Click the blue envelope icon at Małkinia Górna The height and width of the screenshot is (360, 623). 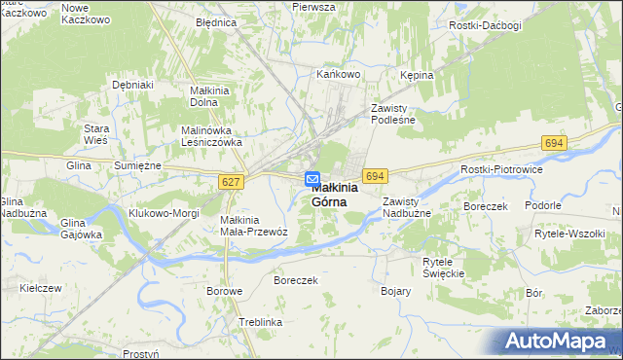click(312, 179)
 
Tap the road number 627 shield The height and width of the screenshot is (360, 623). click(231, 182)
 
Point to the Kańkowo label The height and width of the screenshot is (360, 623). click(340, 73)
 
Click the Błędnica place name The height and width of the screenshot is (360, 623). click(215, 21)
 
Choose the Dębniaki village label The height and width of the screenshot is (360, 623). click(133, 86)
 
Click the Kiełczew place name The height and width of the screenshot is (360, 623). click(40, 288)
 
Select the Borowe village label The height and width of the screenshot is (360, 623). click(224, 291)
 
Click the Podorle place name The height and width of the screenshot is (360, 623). click(542, 205)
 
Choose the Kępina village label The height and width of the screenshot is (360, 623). click(416, 74)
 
